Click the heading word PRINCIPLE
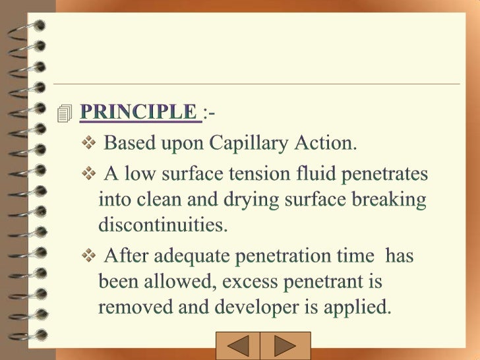138,112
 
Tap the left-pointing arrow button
237,347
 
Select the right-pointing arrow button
285,347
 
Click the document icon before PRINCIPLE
64,113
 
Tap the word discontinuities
163,225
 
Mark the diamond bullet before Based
90,142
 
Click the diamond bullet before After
90,255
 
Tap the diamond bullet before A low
90,174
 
